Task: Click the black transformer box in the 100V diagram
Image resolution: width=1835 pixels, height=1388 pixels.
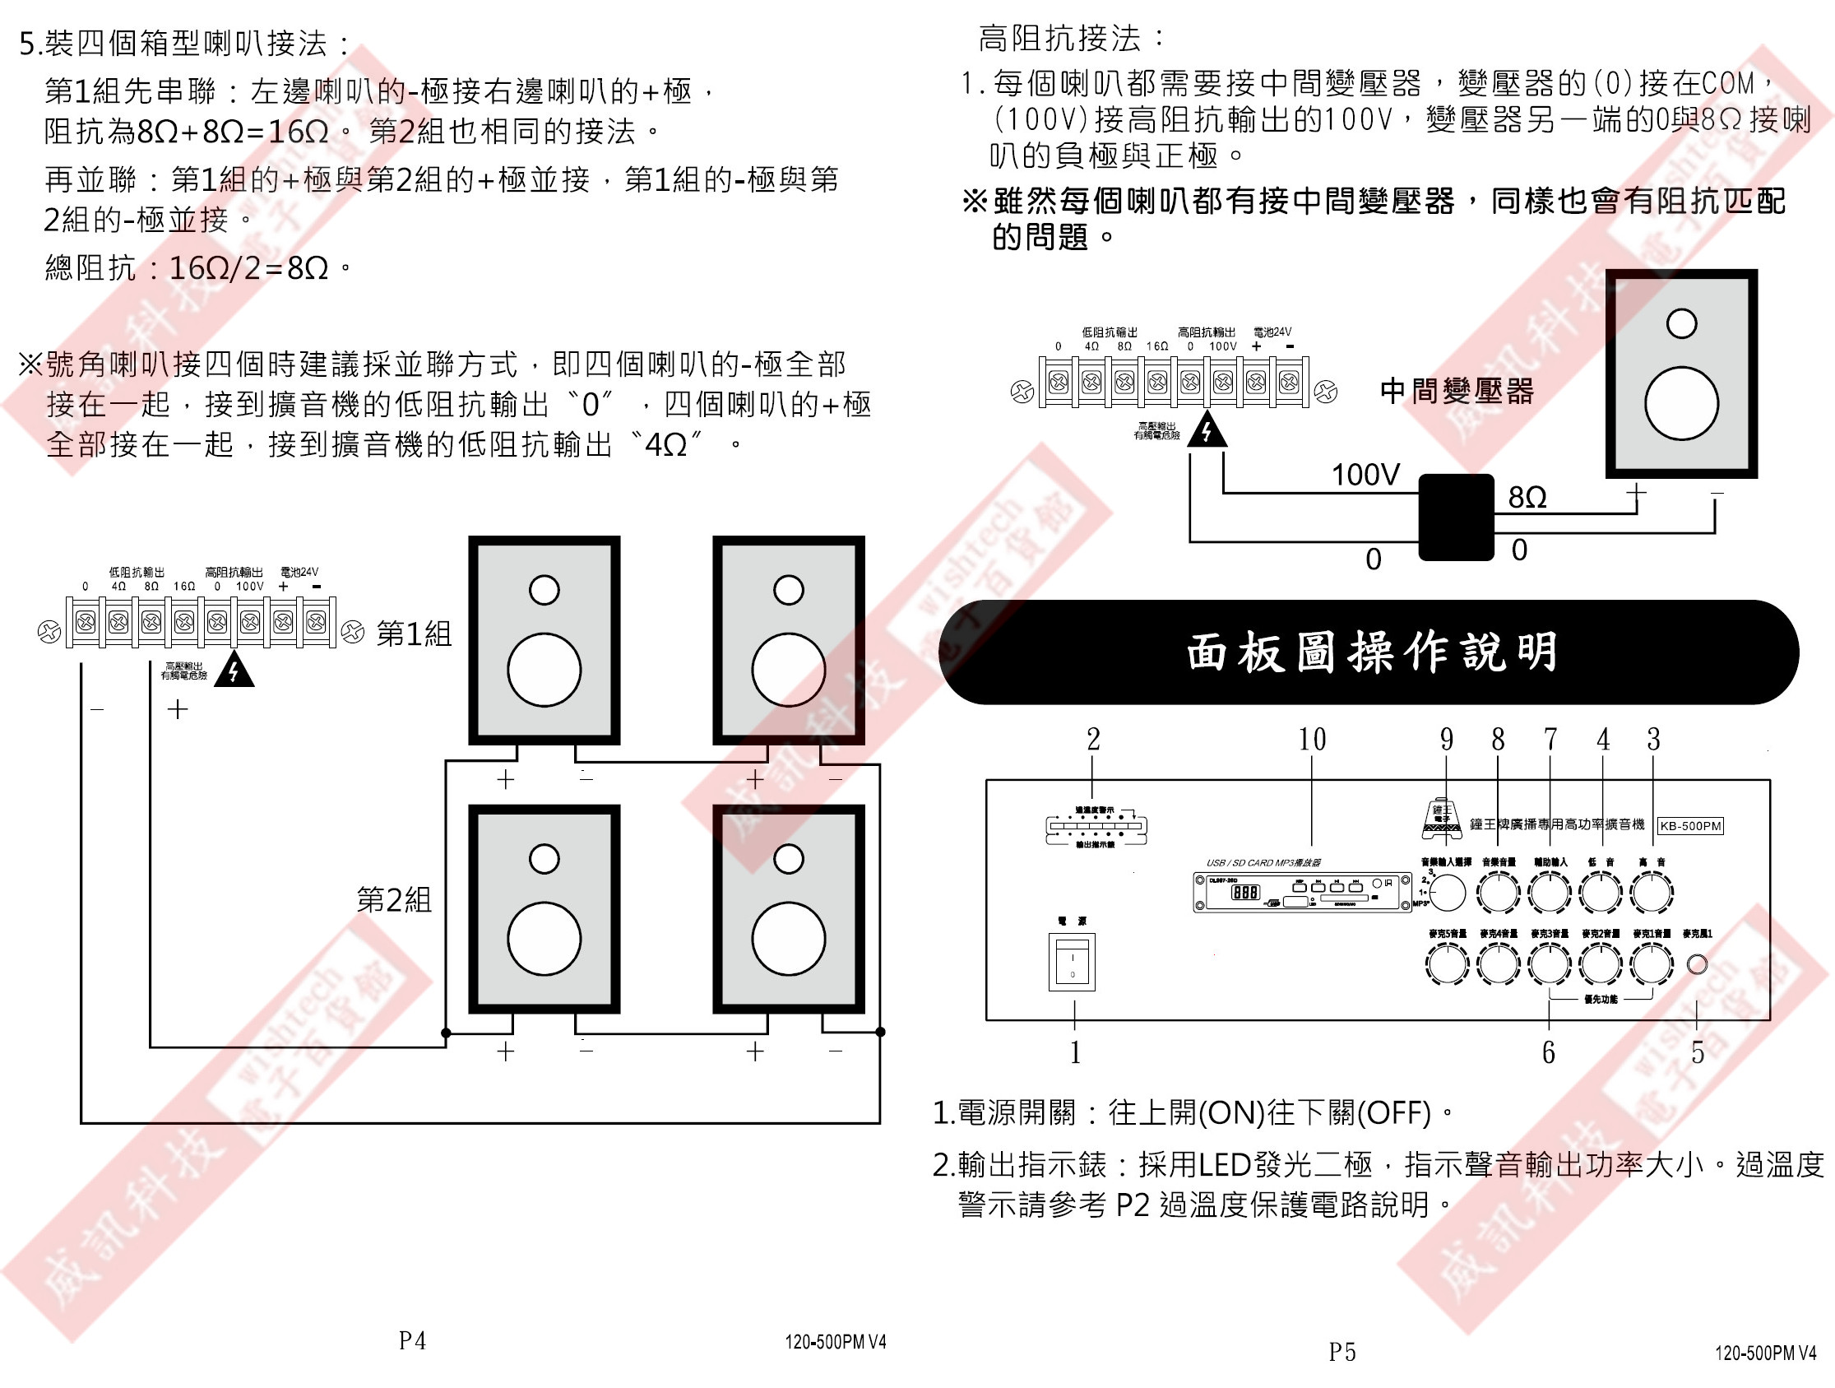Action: coord(1456,517)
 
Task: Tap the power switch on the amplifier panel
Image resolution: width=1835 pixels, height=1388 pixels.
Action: coord(1072,962)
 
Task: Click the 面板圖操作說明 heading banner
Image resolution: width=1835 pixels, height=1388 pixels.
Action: coord(1369,652)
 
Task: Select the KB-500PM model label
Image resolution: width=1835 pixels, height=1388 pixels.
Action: coord(1689,825)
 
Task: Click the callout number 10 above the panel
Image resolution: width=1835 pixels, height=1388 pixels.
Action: coord(1312,739)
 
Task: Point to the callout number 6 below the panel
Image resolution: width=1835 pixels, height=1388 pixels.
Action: coord(1548,1053)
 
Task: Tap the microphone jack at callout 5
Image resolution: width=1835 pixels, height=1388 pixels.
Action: coord(1698,963)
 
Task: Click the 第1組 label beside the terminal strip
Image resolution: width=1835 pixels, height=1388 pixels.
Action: coord(414,634)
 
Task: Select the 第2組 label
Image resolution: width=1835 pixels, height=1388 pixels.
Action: coord(394,899)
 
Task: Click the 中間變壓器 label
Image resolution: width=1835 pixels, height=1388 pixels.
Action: coord(1457,391)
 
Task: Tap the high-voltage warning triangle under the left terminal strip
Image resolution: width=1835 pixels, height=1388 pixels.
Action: coord(234,671)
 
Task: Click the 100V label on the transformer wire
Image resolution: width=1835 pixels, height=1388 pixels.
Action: coord(1365,475)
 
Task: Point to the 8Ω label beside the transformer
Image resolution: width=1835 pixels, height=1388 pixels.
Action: coord(1527,497)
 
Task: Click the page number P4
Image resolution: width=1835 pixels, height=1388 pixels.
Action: coord(412,1341)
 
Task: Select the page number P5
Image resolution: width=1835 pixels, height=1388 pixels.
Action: coord(1341,1353)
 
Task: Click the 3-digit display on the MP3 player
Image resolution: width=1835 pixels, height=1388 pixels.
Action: coord(1245,893)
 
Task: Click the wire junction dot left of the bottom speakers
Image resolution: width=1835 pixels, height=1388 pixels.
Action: coord(447,1033)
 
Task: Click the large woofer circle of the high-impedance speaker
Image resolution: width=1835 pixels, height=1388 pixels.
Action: coord(1680,403)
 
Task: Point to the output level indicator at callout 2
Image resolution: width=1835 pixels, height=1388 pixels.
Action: coord(1096,826)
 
